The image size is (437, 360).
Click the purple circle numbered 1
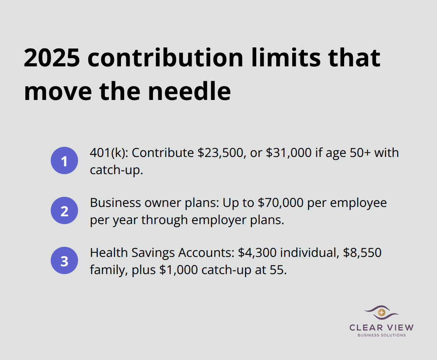(64, 160)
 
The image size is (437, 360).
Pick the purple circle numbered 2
(64, 211)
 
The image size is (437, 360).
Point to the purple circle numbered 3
(64, 261)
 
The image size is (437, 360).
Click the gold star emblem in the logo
(382, 312)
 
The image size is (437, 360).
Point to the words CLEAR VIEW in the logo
(382, 328)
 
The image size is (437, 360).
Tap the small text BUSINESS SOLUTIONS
(382, 335)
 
